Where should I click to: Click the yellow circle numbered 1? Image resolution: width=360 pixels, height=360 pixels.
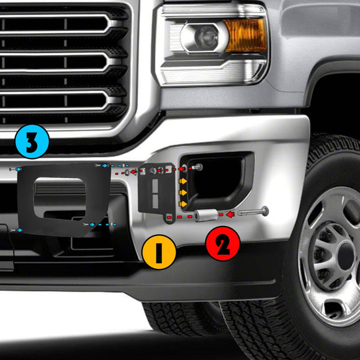pos(158,252)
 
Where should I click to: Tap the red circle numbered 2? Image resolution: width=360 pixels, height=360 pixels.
pos(223,244)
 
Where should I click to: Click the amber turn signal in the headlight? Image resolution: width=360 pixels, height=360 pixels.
pos(245,35)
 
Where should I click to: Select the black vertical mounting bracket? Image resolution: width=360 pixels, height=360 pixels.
pos(157,189)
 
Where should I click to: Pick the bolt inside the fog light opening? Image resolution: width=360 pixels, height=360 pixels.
pos(196,168)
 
